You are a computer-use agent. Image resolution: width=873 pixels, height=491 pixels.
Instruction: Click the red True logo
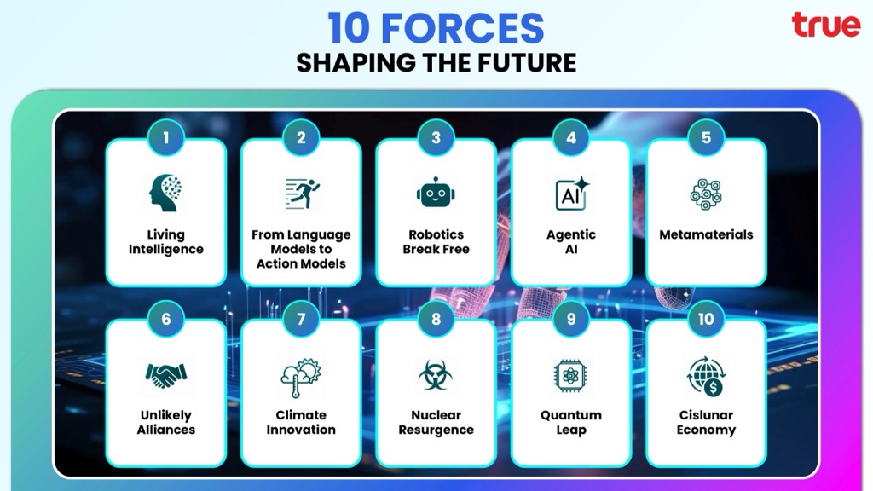click(825, 25)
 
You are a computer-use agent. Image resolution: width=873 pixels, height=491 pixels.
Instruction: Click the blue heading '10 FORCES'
click(436, 28)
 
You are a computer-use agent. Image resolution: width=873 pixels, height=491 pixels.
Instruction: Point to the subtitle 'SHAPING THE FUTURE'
click(436, 62)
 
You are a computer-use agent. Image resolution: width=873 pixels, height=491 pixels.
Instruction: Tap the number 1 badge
click(166, 137)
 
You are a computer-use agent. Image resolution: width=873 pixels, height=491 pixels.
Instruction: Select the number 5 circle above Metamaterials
click(706, 137)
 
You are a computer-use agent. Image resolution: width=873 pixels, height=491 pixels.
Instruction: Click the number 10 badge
click(706, 319)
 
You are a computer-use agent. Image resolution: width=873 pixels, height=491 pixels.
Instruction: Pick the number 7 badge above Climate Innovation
click(301, 319)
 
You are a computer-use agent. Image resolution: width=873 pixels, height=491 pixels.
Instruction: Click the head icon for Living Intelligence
click(165, 194)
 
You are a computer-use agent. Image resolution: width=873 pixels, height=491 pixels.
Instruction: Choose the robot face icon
click(436, 193)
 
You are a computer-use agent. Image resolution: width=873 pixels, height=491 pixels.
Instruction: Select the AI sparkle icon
click(572, 194)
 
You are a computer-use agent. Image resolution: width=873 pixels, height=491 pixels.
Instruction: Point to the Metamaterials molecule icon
click(706, 194)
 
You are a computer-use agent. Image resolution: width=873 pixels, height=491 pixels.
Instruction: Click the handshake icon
click(166, 375)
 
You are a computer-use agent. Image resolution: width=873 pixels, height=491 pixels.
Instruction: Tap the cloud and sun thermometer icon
click(301, 377)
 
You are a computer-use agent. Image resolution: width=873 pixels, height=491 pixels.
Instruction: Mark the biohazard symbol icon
click(436, 375)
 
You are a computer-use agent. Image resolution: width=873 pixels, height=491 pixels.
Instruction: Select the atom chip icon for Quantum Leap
click(570, 376)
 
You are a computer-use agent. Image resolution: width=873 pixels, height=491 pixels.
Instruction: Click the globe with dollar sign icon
click(706, 376)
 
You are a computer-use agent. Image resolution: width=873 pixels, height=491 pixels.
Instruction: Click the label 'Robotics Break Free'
click(436, 241)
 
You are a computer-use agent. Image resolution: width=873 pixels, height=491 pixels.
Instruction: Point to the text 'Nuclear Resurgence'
click(436, 422)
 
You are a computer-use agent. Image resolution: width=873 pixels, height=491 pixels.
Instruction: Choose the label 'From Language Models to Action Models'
click(301, 249)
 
